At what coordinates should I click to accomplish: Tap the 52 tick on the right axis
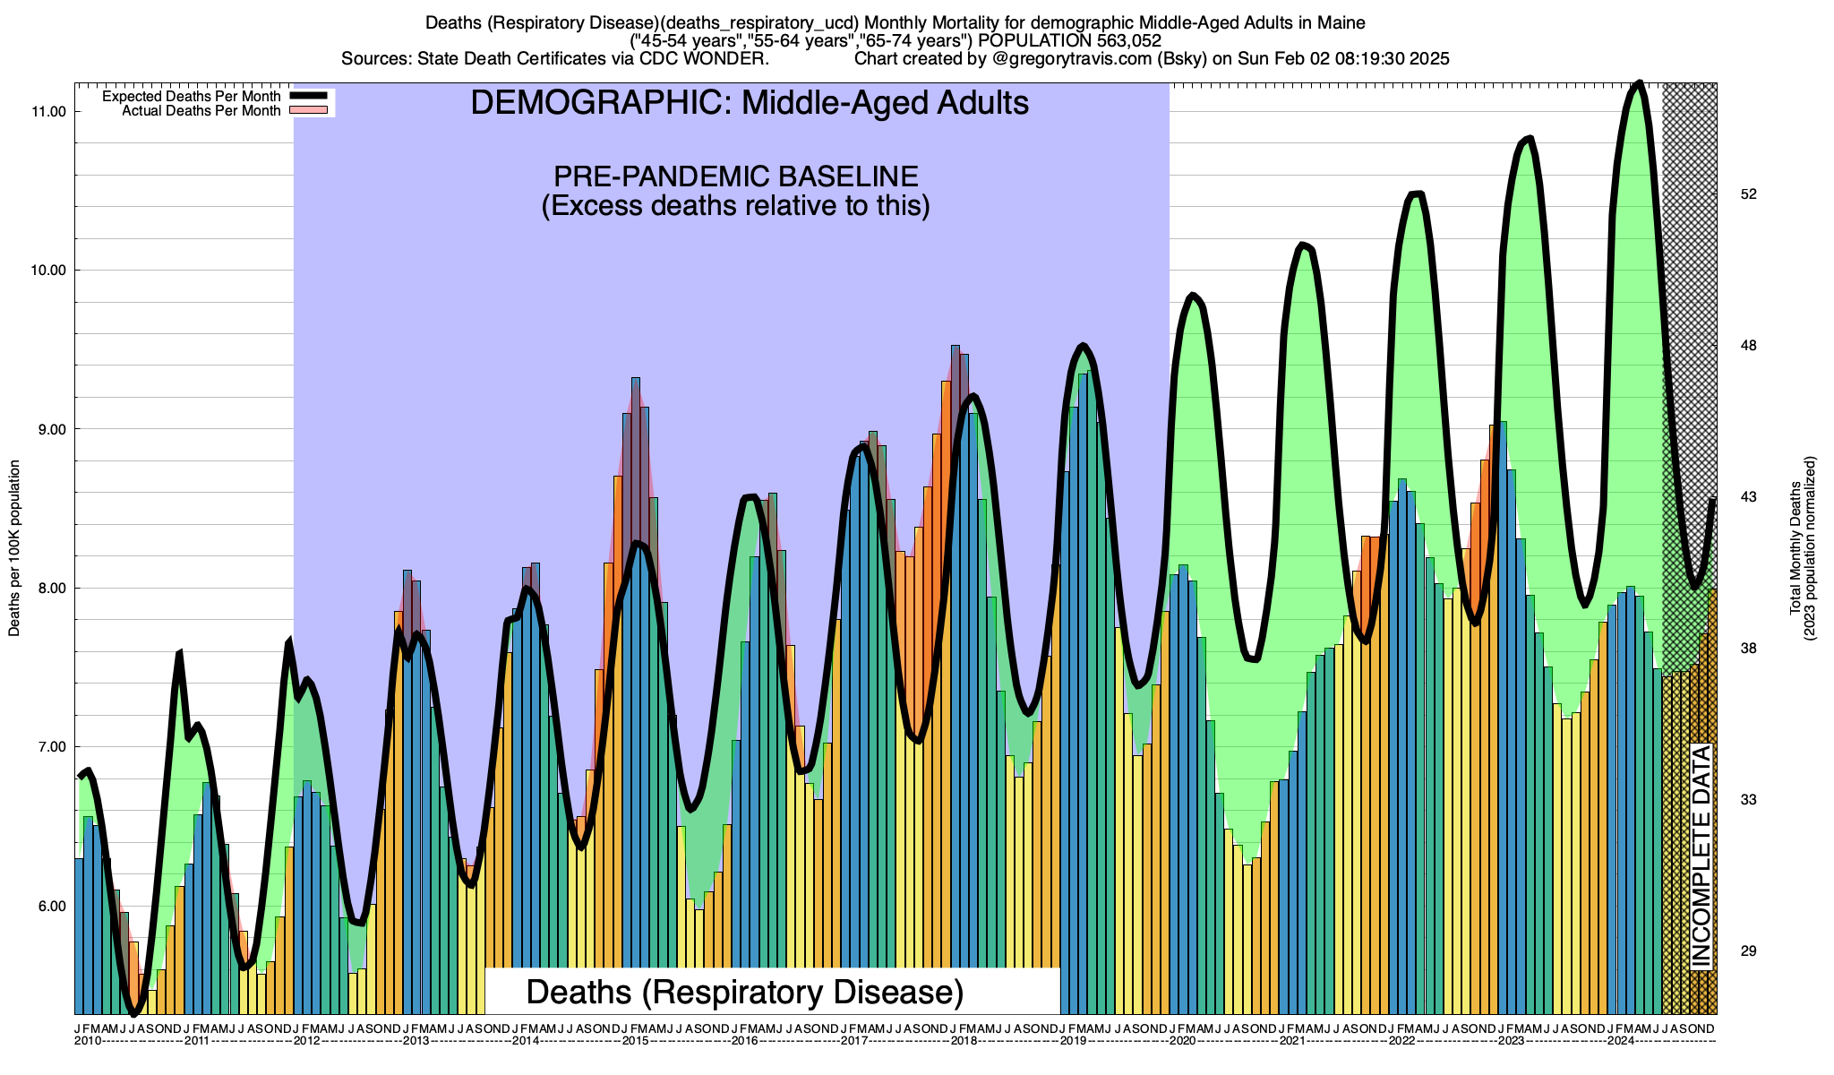point(1747,194)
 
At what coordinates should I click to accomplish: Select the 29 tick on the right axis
point(1747,951)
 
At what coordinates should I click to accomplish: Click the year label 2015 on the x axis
point(635,1041)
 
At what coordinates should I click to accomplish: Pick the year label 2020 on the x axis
point(1181,1041)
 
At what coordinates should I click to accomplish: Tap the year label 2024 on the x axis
point(1619,1041)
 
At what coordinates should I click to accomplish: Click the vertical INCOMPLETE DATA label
point(1701,856)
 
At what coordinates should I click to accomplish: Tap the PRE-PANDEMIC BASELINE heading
point(735,176)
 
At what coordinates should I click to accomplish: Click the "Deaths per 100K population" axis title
point(14,548)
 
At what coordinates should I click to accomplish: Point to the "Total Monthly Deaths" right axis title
point(1795,548)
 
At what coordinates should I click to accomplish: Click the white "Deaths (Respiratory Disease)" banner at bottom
point(745,992)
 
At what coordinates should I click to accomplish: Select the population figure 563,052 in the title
point(1120,41)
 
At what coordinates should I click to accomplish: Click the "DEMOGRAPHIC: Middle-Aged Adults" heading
point(750,103)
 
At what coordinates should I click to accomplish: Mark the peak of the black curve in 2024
point(1638,83)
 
